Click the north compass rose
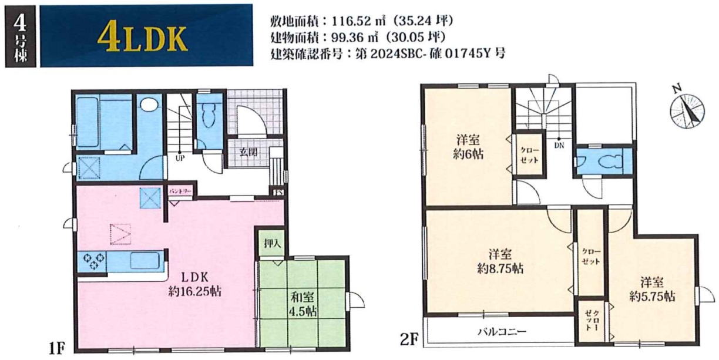coord(687,110)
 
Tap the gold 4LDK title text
coord(142,39)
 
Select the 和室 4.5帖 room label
coord(303,304)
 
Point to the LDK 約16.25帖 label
coord(195,284)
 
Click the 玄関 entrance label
coord(248,152)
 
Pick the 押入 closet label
coord(273,244)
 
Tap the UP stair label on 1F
coord(180,158)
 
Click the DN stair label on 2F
coord(559,145)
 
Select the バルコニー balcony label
coord(502,331)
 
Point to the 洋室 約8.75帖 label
coord(500,261)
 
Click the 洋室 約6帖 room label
coord(468,147)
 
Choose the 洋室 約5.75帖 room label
coord(652,290)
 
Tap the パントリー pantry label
coord(180,191)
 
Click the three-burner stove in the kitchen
coord(93,261)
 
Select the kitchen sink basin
coord(145,261)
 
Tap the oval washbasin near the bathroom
coord(149,105)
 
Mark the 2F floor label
coord(409,339)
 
